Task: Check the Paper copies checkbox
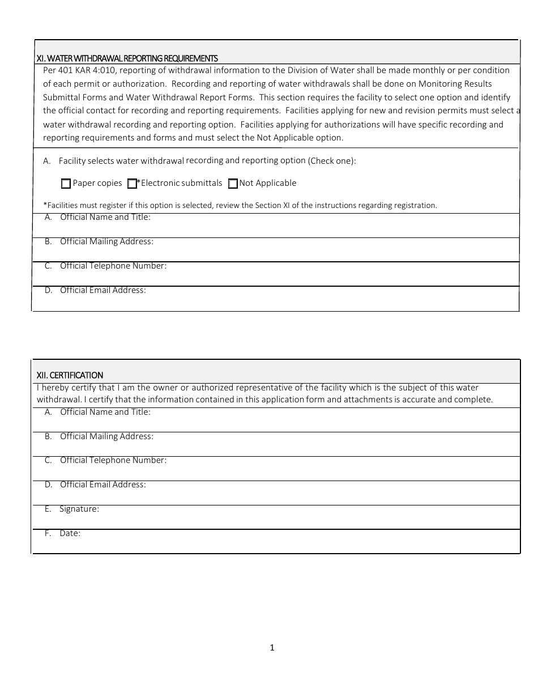point(66,184)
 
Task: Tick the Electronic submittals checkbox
point(132,184)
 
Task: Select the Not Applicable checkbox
point(233,184)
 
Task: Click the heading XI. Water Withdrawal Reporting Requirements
point(127,58)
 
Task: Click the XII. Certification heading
point(70,375)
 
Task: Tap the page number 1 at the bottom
point(272,648)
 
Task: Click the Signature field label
point(79,509)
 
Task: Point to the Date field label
point(70,533)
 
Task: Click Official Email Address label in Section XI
point(103,290)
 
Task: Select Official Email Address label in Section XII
point(103,484)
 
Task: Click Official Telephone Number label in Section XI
point(113,266)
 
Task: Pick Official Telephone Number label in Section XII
point(113,460)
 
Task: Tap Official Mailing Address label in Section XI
point(106,241)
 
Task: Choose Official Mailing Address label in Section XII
point(106,436)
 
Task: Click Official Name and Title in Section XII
point(105,412)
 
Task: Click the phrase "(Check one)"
point(332,161)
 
